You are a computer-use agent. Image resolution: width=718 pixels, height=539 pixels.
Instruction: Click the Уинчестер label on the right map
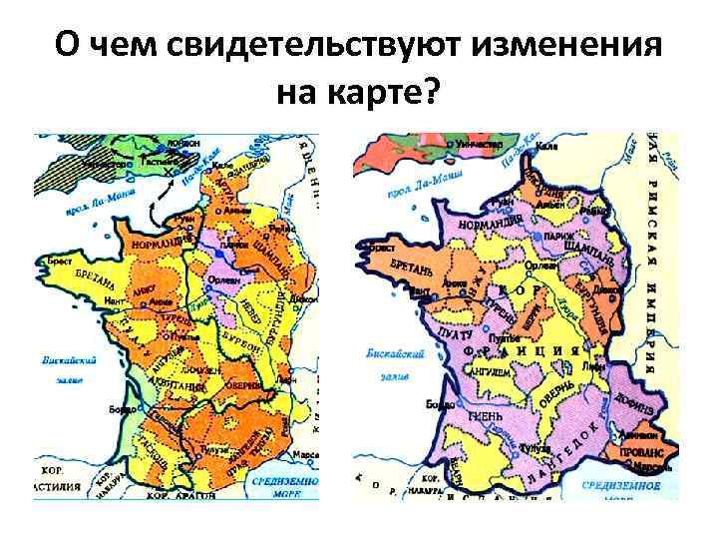pos(477,144)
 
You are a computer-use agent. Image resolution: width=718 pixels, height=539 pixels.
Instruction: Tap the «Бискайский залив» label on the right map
pos(383,358)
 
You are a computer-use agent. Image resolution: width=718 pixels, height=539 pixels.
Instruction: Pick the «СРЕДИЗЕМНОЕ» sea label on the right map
pos(634,484)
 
